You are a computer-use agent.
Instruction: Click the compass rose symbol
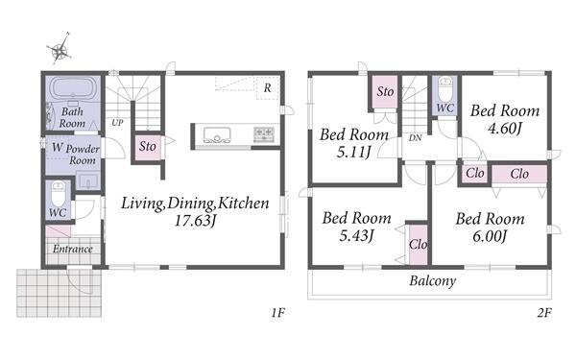[x=60, y=50]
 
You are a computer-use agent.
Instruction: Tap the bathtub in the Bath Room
[x=73, y=87]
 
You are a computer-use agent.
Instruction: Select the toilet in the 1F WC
[x=59, y=194]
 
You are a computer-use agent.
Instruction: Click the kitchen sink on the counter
[x=217, y=134]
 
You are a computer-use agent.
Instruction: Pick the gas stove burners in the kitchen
[x=264, y=134]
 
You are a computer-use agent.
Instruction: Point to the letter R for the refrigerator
[x=268, y=88]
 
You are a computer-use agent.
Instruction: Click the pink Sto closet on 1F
[x=148, y=148]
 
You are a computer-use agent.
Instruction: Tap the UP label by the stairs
[x=117, y=123]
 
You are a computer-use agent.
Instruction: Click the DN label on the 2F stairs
[x=415, y=138]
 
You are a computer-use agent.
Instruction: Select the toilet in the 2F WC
[x=445, y=88]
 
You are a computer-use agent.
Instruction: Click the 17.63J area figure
[x=194, y=221]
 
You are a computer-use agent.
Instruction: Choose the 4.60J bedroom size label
[x=505, y=129]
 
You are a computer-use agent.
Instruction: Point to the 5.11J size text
[x=353, y=152]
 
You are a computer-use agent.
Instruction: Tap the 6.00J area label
[x=490, y=236]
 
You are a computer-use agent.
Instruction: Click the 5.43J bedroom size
[x=356, y=236]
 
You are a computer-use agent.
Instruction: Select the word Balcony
[x=433, y=281]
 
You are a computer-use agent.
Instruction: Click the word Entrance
[x=72, y=249]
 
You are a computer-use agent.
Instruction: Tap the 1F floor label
[x=278, y=313]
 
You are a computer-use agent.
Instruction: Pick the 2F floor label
[x=544, y=313]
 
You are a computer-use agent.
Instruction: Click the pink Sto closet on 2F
[x=385, y=92]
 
